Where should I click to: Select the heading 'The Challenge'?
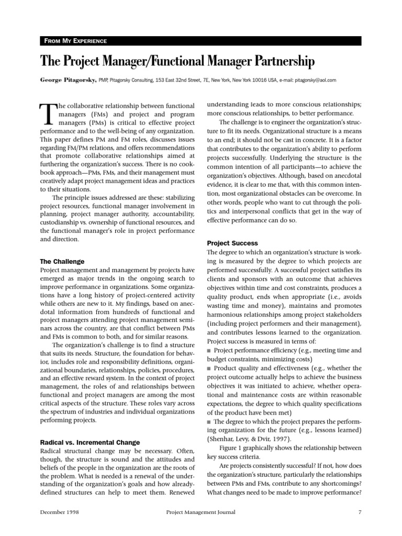tap(62, 261)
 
